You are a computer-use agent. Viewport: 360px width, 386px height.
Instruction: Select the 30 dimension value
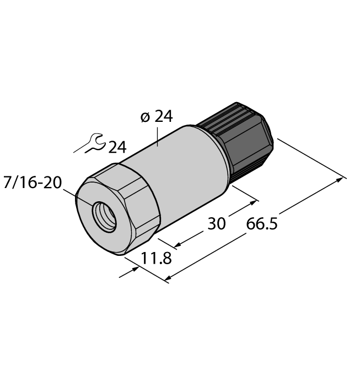click(x=217, y=224)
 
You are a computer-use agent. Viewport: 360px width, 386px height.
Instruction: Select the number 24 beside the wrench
click(x=117, y=147)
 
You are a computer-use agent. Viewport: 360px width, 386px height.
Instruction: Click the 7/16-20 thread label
click(x=32, y=183)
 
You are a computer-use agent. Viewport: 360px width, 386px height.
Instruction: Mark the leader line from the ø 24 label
click(x=159, y=135)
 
